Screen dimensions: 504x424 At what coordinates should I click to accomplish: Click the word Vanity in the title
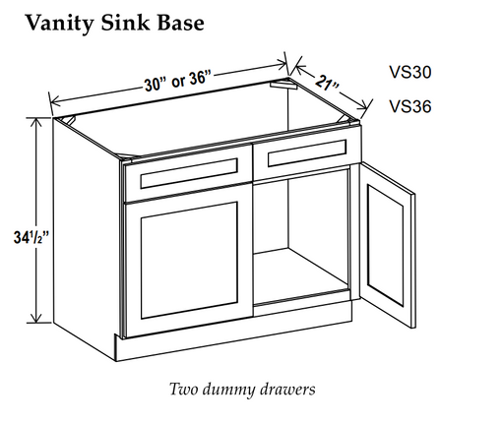pos(60,23)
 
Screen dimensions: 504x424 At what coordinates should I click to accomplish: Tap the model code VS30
pos(410,72)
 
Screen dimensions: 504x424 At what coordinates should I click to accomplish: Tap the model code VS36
pos(410,106)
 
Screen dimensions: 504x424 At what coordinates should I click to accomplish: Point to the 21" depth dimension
pos(328,83)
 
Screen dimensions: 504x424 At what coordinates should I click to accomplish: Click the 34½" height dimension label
pos(31,237)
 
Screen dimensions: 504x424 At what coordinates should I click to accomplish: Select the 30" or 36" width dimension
pos(177,82)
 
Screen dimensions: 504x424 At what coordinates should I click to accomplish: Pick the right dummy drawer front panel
pos(307,153)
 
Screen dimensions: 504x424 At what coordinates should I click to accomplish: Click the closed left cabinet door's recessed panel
pos(189,261)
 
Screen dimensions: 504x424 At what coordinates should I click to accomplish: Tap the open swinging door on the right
pos(387,246)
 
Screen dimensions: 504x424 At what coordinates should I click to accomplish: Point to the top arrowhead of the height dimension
pos(36,122)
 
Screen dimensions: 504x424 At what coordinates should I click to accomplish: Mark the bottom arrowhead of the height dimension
pos(36,318)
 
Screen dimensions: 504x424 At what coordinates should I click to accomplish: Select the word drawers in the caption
pos(287,390)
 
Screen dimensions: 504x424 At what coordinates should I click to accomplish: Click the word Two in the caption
pos(184,390)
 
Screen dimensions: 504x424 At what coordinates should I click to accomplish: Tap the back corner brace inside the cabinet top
pos(283,84)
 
